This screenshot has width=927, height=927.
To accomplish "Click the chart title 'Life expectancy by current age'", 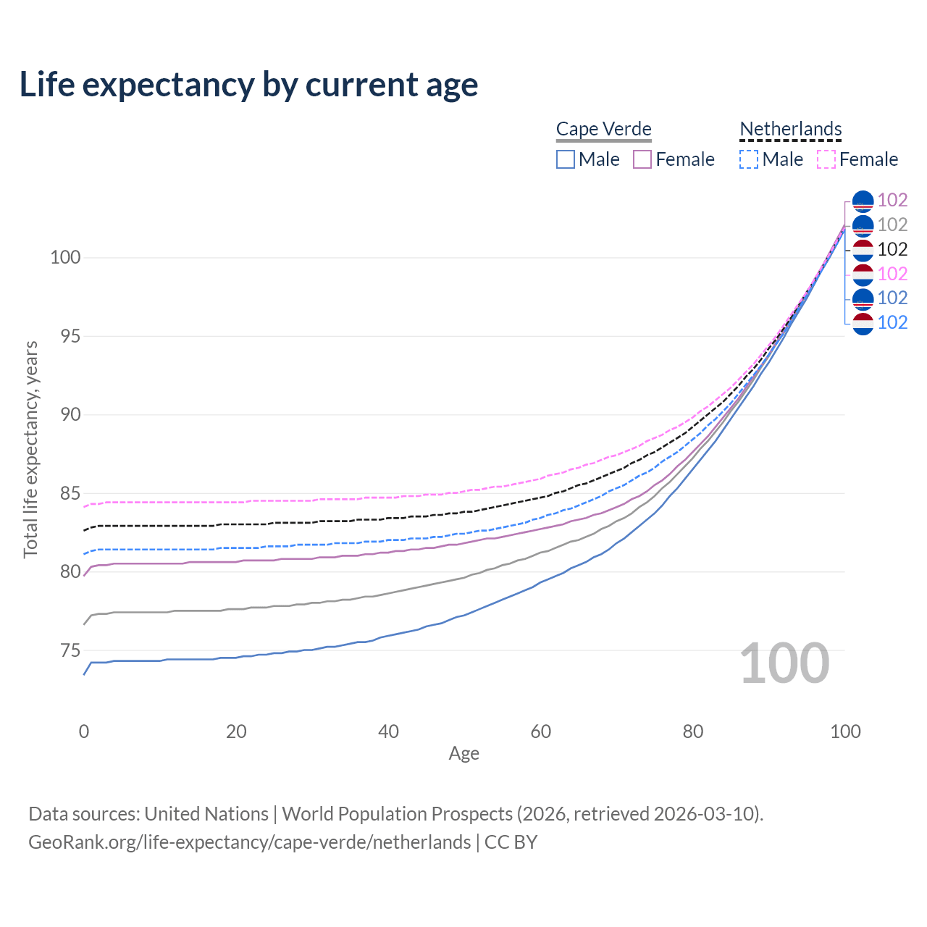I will point(248,85).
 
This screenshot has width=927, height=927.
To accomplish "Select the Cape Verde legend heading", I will point(603,129).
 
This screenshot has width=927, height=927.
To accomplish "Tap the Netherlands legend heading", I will point(790,129).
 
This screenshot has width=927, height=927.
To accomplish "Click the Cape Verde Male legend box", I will point(566,159).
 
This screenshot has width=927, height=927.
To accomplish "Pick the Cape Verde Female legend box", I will point(642,159).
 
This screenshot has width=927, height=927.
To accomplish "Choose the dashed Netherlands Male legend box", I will point(749,159).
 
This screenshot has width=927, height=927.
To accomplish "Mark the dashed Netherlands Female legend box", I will point(826,159).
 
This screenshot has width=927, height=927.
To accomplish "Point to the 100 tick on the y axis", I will point(65,257).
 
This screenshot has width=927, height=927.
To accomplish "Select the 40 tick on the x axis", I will point(388,731).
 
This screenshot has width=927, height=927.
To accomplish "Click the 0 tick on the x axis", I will point(84,731).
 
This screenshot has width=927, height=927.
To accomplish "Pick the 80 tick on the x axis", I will point(693,731).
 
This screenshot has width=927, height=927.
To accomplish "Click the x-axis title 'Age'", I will point(463,754).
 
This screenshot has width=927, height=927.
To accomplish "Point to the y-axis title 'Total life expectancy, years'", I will point(30,449).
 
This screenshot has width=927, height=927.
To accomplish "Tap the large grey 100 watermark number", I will point(784,663).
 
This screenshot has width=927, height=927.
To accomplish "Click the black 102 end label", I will point(892,249).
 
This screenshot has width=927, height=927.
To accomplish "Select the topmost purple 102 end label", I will point(892,200).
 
